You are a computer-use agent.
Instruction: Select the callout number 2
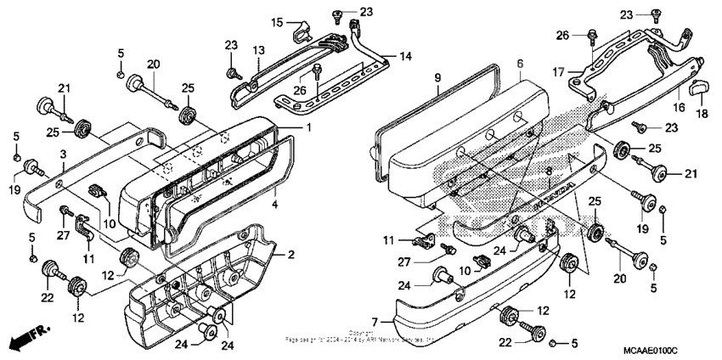290,255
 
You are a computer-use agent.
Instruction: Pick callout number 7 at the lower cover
385,322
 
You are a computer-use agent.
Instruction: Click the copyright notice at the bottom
361,336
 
